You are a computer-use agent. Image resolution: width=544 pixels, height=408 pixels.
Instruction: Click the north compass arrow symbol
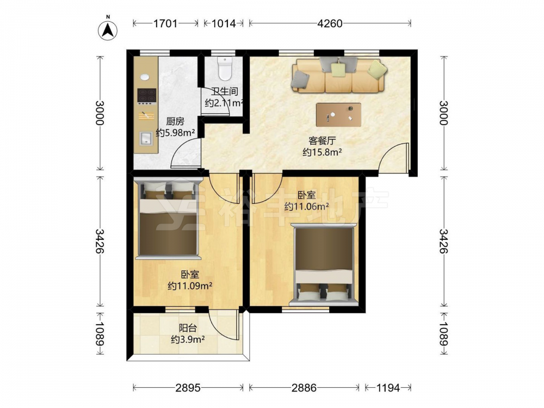108,30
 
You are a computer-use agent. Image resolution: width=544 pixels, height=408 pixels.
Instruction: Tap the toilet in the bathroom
225,68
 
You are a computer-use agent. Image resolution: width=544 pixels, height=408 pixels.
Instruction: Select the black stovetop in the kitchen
146,96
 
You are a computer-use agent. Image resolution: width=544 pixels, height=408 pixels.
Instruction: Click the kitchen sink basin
146,138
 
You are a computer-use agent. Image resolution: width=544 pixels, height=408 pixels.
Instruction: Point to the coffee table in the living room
338,115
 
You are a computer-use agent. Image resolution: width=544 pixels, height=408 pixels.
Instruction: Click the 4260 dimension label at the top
330,23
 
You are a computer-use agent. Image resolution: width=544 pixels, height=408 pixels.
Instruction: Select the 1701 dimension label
165,23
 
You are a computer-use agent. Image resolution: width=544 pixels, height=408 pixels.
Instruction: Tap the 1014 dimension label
224,23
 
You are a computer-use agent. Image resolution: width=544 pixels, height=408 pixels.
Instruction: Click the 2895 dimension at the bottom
188,387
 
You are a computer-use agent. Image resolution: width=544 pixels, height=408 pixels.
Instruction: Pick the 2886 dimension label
304,387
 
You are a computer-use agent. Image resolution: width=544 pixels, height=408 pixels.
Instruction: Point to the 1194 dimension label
388,387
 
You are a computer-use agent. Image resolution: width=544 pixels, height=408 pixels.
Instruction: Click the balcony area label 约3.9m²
188,339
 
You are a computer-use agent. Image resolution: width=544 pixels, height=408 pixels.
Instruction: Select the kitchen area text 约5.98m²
175,132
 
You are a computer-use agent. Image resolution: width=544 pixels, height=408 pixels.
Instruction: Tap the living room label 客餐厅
322,141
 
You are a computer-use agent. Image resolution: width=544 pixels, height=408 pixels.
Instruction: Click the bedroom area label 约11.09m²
190,286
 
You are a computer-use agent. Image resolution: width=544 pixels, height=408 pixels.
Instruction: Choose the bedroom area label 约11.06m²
307,206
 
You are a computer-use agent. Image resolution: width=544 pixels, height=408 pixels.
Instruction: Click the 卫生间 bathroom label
225,91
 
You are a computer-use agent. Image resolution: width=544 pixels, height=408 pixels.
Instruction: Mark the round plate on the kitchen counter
145,77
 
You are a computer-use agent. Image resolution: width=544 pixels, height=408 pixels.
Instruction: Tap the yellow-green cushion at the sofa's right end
378,69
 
